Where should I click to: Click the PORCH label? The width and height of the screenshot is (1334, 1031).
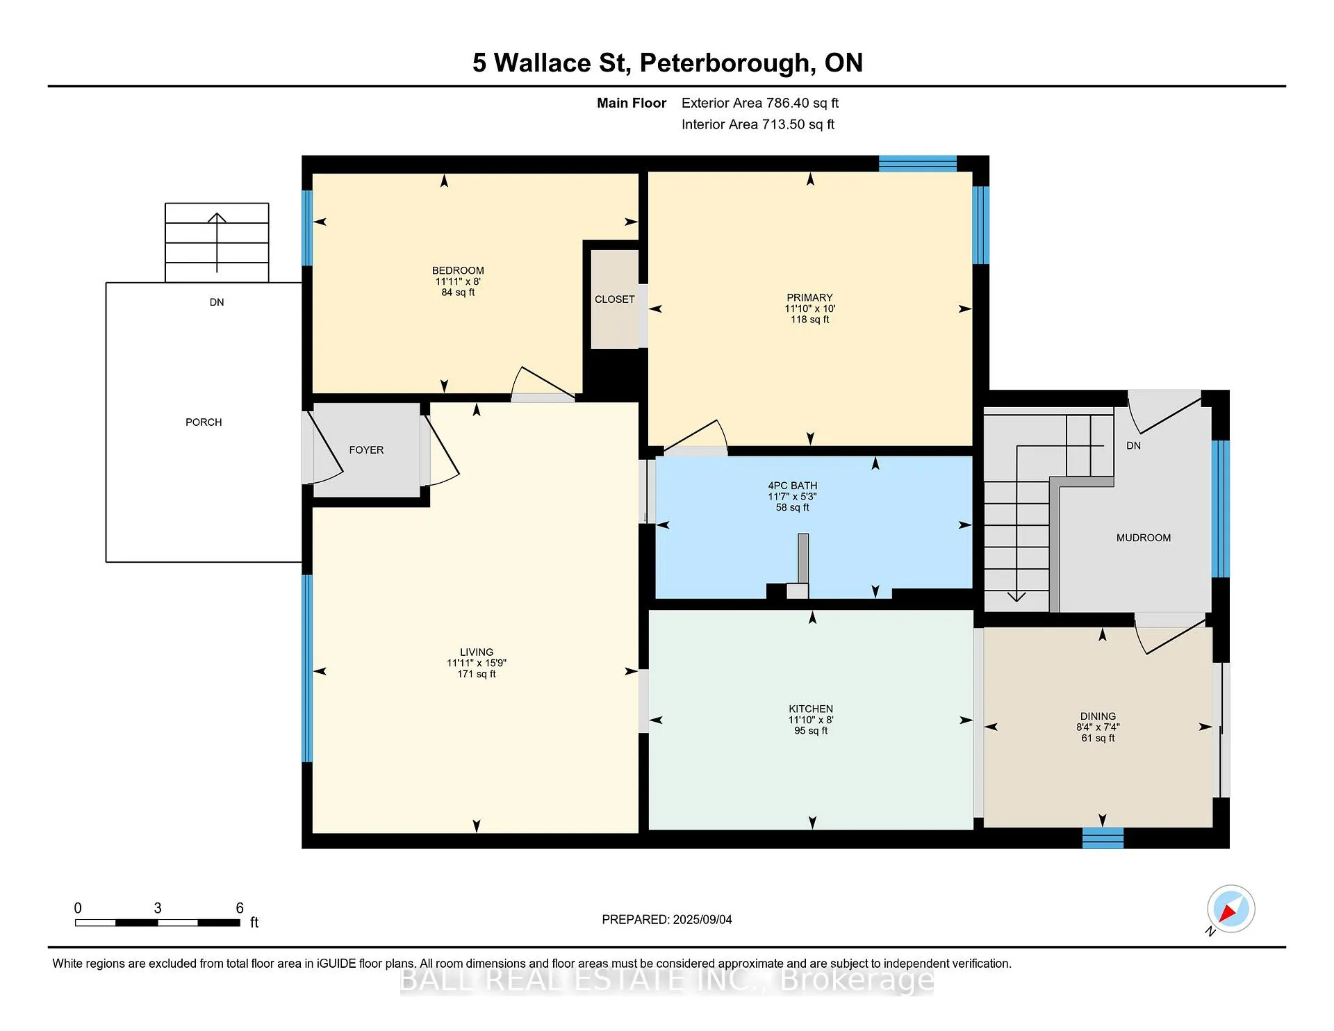click(204, 422)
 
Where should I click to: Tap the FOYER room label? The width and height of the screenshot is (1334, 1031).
click(366, 450)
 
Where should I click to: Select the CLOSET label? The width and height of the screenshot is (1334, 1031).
click(615, 299)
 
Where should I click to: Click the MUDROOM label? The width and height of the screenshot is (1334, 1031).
click(1144, 538)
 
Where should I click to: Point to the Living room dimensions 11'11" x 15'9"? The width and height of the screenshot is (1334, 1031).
click(477, 663)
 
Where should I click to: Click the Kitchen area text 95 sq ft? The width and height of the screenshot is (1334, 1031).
click(811, 731)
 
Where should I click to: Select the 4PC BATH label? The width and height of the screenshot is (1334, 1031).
click(793, 486)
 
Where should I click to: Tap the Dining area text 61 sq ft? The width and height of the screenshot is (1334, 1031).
click(1098, 739)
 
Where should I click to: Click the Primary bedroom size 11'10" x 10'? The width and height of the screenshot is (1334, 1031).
click(810, 308)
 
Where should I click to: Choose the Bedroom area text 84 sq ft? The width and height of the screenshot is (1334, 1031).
click(458, 292)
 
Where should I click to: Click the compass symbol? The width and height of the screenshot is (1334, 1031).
click(1230, 909)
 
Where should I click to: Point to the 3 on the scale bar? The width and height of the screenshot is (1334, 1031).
click(158, 908)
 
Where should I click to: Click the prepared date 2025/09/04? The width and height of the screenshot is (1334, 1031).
click(702, 920)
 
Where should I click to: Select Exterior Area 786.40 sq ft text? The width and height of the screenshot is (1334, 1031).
click(760, 103)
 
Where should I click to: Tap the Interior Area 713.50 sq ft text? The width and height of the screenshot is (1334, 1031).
click(758, 124)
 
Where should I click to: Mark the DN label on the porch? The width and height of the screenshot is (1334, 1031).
click(217, 302)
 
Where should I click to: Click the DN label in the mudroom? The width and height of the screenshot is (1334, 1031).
click(1133, 446)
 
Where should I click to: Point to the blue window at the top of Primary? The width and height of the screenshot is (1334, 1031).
click(918, 163)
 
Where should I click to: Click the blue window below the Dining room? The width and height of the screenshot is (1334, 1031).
click(1103, 838)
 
